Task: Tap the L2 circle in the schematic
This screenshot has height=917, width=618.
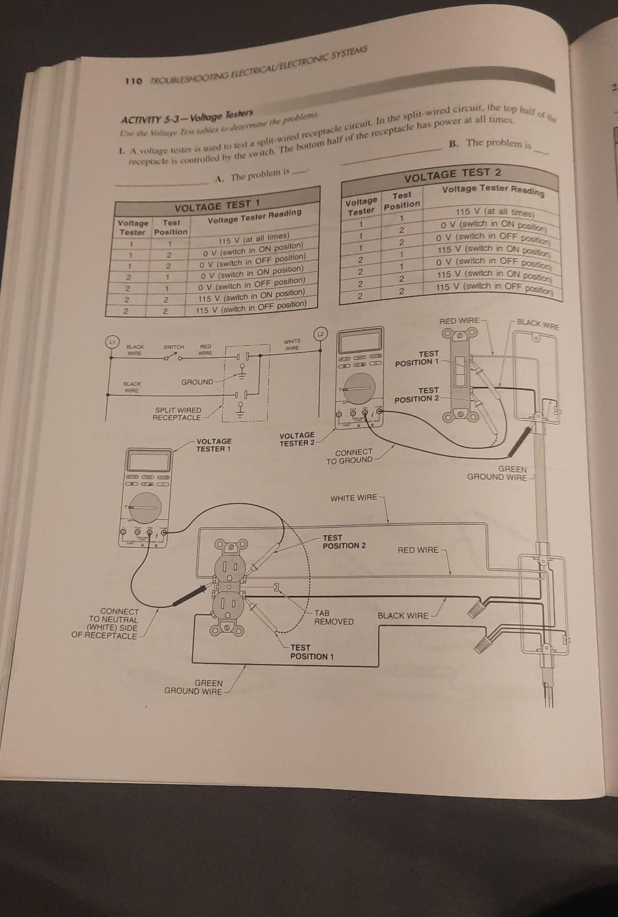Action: click(320, 333)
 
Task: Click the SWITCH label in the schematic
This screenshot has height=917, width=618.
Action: click(173, 347)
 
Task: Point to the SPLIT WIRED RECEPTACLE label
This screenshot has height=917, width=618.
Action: click(177, 414)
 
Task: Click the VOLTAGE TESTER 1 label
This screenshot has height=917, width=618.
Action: click(213, 445)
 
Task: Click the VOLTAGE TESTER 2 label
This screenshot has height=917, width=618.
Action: click(296, 439)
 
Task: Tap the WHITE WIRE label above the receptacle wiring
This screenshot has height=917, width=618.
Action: click(354, 498)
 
